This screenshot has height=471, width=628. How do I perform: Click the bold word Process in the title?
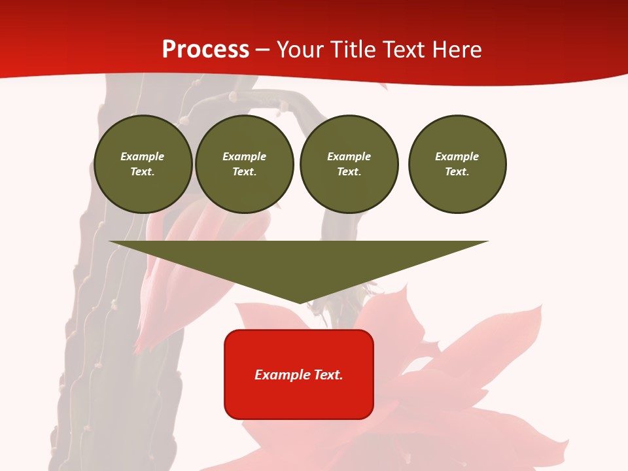pos(205,50)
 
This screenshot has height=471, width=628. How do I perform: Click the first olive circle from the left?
pos(143,164)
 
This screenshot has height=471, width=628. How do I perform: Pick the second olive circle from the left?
pos(245,164)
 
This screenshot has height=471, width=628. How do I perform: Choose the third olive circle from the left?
pos(349,164)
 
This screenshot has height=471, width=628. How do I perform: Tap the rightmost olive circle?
pos(457,164)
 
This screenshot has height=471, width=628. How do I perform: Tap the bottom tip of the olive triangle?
pos(300,302)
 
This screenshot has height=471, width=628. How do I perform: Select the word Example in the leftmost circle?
pos(143,156)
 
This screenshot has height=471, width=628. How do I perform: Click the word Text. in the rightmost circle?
pos(457,172)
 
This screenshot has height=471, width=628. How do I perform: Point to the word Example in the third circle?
pos(349,156)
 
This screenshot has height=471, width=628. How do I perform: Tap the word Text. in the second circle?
pos(245,172)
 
